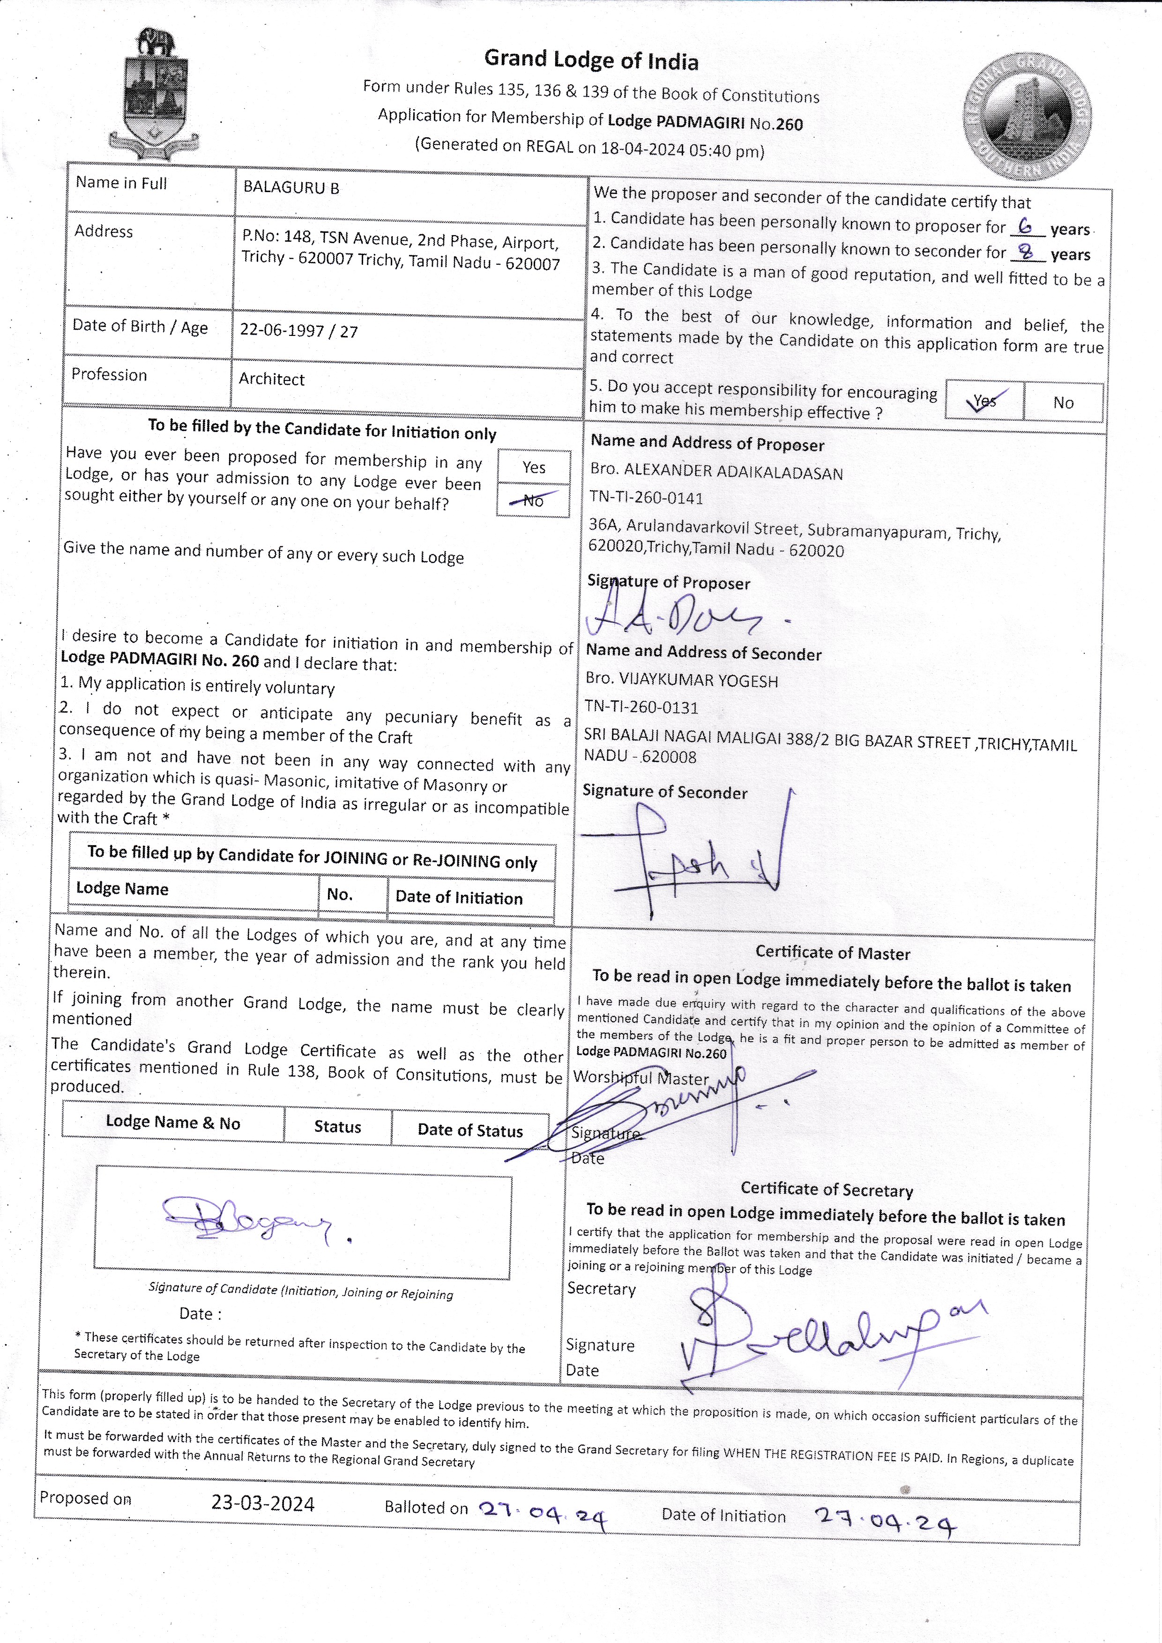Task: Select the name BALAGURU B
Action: pyautogui.click(x=291, y=188)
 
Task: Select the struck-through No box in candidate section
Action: pyautogui.click(x=533, y=500)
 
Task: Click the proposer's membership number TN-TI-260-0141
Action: pyautogui.click(x=646, y=498)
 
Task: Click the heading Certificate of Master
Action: pyautogui.click(x=833, y=953)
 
